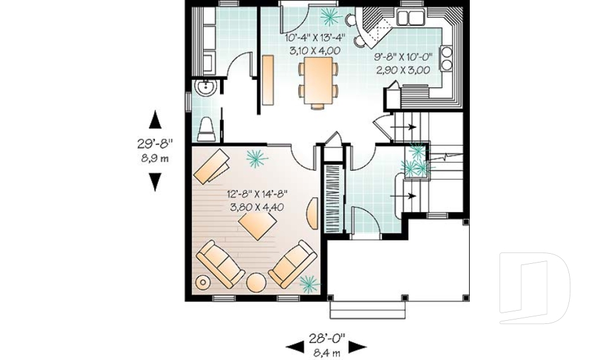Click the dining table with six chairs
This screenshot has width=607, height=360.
coord(317,80)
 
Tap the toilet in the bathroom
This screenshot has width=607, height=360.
coord(206,129)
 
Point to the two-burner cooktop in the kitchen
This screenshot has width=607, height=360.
coord(447,58)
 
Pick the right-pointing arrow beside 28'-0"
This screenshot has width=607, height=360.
coord(358,346)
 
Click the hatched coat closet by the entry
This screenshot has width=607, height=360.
coord(333,199)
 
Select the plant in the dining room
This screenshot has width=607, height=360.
coord(329,15)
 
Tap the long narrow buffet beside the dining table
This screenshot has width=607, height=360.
coord(268,80)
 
